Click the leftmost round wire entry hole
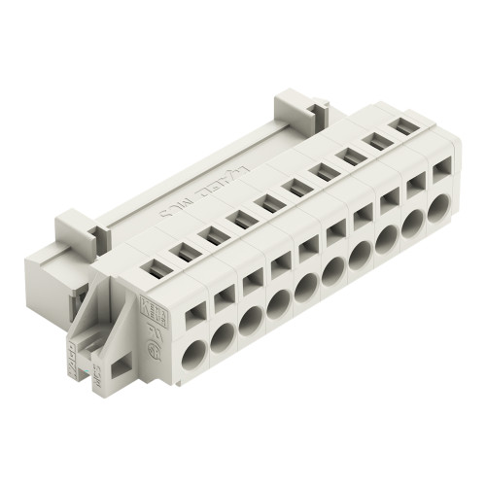coord(192,351)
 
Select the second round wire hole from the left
coord(221,334)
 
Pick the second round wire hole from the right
coord(415,222)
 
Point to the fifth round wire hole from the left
coord(304,286)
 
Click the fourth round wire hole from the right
coord(360,254)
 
